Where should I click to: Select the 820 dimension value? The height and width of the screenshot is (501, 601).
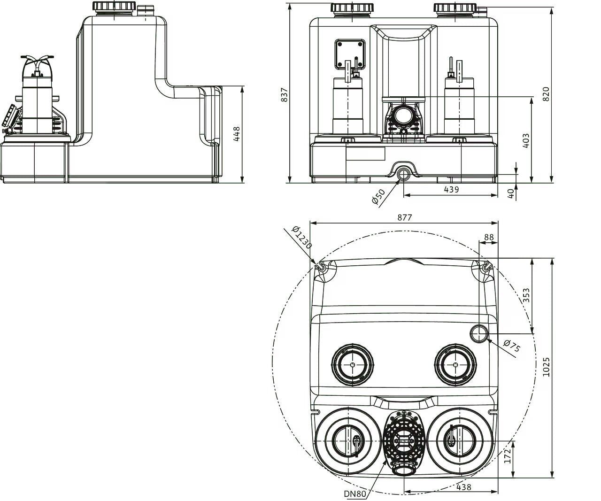click(x=545, y=94)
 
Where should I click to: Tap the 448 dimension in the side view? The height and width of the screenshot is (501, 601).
click(x=236, y=134)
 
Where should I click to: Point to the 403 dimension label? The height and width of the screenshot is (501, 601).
click(x=526, y=141)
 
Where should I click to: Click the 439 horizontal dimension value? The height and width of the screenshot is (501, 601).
click(x=451, y=189)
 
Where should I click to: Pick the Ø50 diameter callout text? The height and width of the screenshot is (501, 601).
click(x=378, y=196)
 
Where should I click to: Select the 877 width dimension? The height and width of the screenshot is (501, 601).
click(x=404, y=217)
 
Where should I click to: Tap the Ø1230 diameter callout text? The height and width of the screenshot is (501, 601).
click(x=301, y=238)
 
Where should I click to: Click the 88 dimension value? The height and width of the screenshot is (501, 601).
click(x=489, y=237)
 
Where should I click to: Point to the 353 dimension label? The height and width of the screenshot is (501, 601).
click(x=526, y=295)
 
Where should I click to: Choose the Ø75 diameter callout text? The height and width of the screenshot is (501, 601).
click(x=512, y=347)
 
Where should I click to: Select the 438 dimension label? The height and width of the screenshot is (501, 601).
click(x=463, y=487)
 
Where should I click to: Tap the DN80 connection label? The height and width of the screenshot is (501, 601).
click(x=355, y=493)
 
